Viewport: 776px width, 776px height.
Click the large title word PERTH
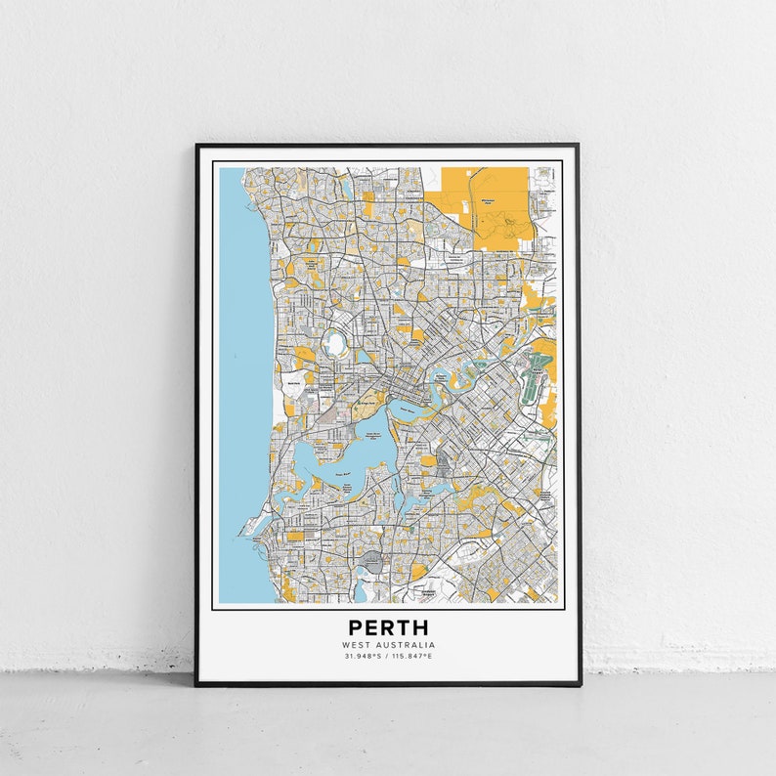[388, 627]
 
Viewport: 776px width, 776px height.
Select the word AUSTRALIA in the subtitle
[406, 645]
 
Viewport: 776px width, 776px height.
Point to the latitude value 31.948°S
[362, 656]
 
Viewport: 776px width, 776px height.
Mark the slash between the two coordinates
[387, 656]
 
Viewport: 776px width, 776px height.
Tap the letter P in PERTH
[354, 627]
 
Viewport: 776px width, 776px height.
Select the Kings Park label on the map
[365, 402]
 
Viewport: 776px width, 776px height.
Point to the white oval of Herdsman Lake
[336, 343]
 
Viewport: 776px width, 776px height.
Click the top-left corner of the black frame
[196, 146]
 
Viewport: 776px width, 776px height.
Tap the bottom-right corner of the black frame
[580, 684]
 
